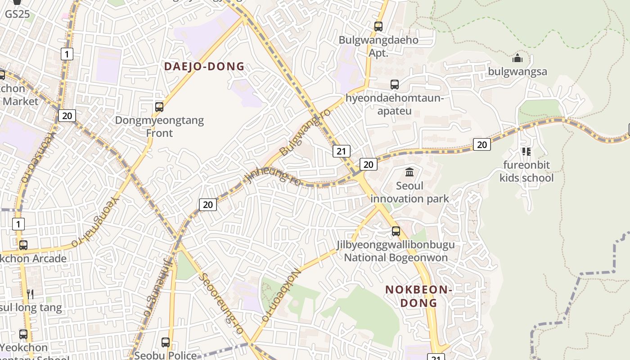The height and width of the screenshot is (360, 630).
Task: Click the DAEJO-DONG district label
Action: pos(204,67)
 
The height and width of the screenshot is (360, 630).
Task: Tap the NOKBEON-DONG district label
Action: pos(418,296)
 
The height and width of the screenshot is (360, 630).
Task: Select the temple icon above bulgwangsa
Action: pos(517,58)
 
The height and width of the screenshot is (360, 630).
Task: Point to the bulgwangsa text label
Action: pos(517,72)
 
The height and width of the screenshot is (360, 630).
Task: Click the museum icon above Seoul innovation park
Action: pos(409,172)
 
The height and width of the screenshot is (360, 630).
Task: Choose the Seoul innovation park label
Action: pos(409,192)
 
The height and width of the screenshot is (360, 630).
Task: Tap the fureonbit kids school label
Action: pos(526,171)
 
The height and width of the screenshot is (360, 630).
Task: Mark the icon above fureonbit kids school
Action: pos(526,152)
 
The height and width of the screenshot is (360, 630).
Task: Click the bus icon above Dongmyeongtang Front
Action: pos(159,107)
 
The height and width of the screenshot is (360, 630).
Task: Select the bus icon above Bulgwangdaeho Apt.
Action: pos(378,27)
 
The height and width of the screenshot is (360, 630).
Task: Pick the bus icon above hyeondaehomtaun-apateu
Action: pos(395,85)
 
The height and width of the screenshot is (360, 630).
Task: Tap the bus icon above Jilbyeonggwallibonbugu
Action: pos(396,231)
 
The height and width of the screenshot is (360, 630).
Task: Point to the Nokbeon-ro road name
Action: pos(281,295)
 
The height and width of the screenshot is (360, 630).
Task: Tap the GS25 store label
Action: pos(18,14)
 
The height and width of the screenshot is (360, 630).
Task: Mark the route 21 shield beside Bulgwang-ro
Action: pos(342,151)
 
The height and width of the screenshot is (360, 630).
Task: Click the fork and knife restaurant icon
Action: pos(30,294)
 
